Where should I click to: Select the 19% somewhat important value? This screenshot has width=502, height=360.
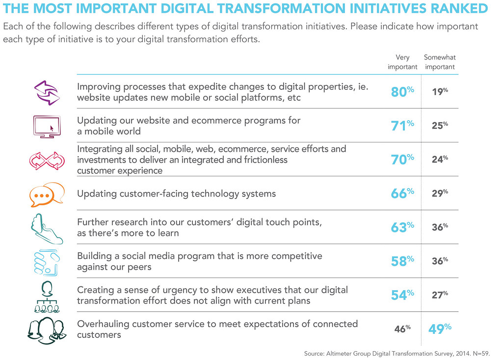439,91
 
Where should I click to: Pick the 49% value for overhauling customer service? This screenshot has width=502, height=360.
440,329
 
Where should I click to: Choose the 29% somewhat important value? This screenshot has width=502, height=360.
439,194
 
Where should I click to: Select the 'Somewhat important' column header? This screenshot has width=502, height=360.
440,62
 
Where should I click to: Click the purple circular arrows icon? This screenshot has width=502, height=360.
46,92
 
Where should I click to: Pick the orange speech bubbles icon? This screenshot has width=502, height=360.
47,194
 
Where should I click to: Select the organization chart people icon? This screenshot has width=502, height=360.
47,296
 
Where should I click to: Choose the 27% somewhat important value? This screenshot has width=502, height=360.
439,295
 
